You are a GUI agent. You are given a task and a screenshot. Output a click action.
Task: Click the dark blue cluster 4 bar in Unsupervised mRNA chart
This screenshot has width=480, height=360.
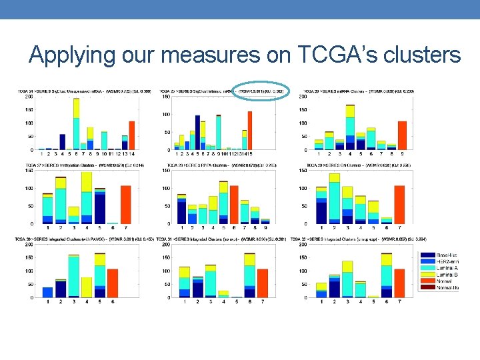pos(62,142)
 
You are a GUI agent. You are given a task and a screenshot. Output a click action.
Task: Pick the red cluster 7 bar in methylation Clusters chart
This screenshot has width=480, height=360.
pos(125,205)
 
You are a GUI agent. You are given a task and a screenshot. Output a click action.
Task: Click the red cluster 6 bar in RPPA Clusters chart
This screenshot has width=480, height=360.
pos(233,205)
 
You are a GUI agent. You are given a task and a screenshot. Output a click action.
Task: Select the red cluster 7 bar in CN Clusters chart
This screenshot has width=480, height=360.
pos(399,205)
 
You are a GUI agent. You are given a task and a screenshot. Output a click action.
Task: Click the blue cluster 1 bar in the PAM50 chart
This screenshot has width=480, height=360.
pos(47,292)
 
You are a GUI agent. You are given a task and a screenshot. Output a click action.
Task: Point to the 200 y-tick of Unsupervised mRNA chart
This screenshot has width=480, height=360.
pos(30,97)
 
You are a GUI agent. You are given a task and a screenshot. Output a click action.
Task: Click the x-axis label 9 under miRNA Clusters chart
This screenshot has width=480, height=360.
pos(402,153)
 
